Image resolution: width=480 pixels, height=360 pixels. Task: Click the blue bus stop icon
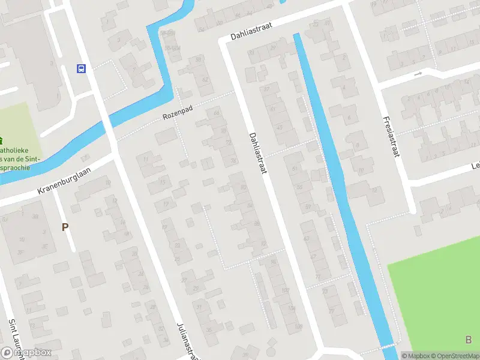pyautogui.click(x=81, y=68)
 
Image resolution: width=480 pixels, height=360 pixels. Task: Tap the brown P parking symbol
pyautogui.click(x=65, y=227)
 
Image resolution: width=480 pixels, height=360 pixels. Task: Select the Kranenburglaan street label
pyautogui.click(x=64, y=181)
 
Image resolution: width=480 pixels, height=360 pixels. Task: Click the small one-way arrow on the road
pyautogui.click(x=418, y=74)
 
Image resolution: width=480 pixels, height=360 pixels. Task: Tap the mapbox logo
pyautogui.click(x=27, y=352)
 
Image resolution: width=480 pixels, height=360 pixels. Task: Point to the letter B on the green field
pyautogui.click(x=468, y=340)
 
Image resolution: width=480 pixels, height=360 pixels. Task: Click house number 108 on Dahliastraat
pyautogui.click(x=298, y=326)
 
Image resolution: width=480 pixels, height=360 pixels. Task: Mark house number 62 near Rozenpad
pyautogui.click(x=205, y=79)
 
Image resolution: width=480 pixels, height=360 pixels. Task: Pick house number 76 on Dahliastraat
pyautogui.click(x=233, y=161)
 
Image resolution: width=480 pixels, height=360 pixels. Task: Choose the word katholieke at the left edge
pyautogui.click(x=18, y=149)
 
